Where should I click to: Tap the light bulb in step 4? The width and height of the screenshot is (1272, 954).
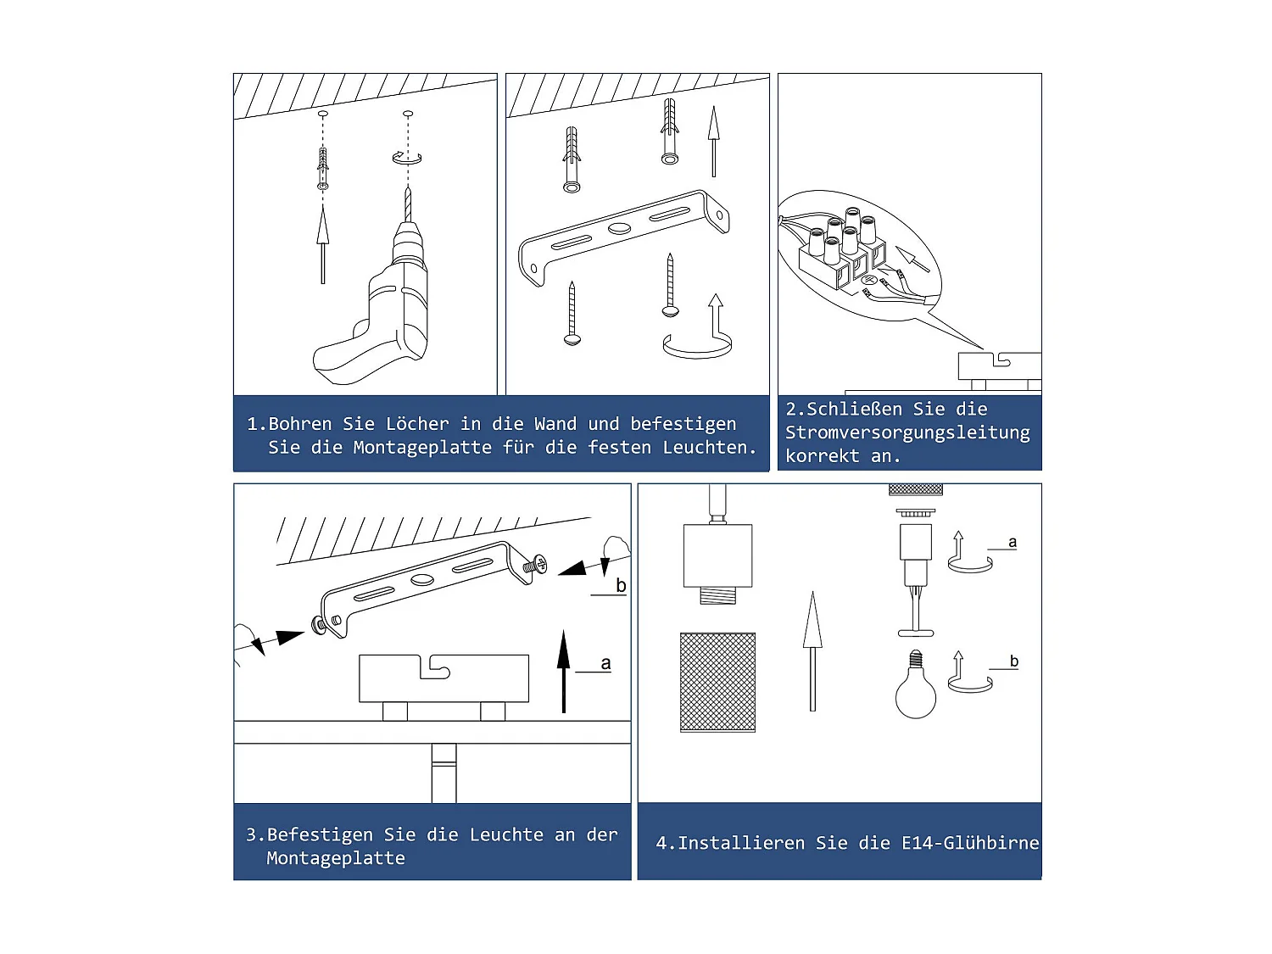click(916, 691)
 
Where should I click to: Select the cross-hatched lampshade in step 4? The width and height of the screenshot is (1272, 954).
click(717, 682)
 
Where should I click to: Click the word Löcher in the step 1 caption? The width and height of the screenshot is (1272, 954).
click(416, 424)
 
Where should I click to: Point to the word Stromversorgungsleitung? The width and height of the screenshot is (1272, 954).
click(907, 432)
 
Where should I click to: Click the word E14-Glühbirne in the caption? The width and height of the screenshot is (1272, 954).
click(970, 843)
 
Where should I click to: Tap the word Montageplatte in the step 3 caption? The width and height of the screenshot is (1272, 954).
click(336, 858)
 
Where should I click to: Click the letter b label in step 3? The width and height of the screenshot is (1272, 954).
click(621, 586)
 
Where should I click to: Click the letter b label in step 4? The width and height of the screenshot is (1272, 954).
click(1013, 661)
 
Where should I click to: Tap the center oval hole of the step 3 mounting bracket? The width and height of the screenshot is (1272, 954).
click(422, 580)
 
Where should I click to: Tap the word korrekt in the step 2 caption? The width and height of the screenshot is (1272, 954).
click(822, 456)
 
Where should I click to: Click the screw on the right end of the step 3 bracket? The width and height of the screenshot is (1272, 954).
click(536, 563)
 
